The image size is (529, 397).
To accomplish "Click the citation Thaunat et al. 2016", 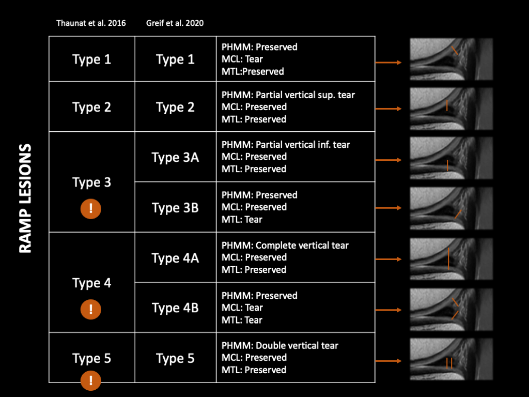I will point(91,23).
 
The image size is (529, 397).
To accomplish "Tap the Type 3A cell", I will point(175,157).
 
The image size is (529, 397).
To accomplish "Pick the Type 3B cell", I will point(175,207).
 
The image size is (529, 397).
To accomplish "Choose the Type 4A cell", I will point(175,257).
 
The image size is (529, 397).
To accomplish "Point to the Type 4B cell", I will point(175,308).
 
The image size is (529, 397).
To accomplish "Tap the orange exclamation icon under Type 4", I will point(91,310).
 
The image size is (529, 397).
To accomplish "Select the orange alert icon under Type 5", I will point(91,381).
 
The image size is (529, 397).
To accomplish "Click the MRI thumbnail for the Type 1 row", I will point(451,59).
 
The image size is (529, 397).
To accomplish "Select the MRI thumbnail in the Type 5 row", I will point(451,359).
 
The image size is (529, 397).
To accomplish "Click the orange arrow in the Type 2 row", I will point(388,109).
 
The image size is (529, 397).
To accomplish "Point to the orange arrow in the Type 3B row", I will point(388,208).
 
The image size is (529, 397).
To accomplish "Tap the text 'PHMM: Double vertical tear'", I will point(280,345).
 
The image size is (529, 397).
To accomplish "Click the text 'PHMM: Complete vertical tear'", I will point(285,245).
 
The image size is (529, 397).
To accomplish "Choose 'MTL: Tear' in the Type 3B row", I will point(242,219).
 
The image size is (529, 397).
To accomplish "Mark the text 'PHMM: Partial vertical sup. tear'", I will point(288,95).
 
